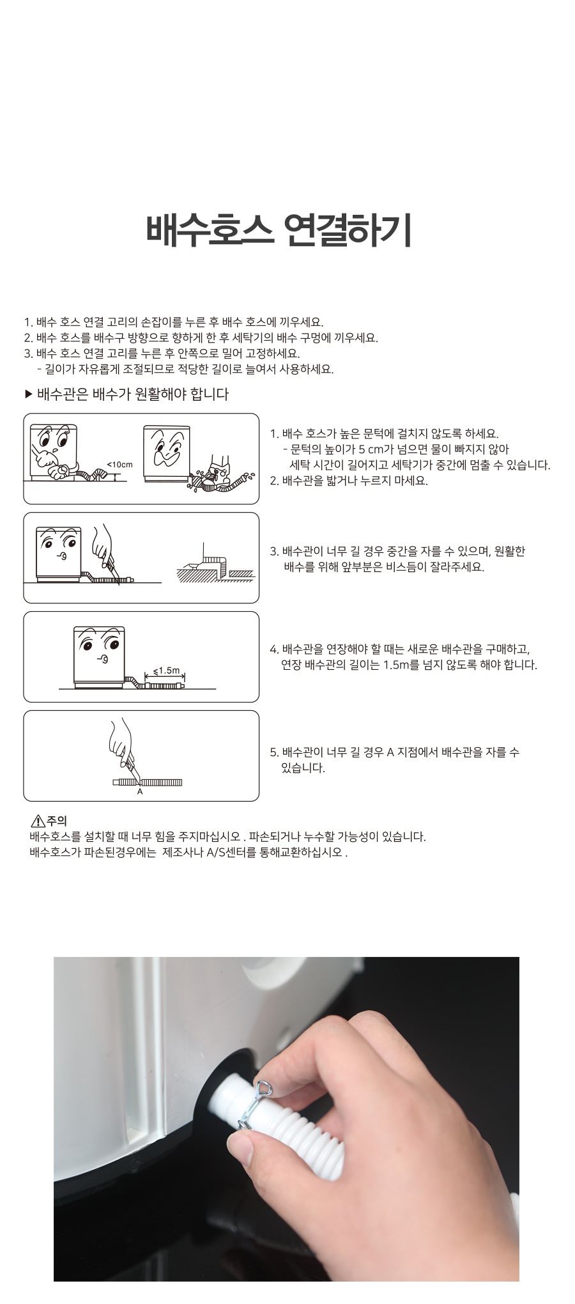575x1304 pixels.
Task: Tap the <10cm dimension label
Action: [119, 465]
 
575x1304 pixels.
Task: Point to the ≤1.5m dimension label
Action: [167, 671]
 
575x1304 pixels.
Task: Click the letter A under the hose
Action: [140, 791]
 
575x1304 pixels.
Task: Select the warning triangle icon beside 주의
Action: [38, 821]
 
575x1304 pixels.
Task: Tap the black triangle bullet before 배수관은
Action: [28, 394]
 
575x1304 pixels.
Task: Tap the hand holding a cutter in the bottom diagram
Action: [122, 745]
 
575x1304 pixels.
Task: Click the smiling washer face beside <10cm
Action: [54, 451]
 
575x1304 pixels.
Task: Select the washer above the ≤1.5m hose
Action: [98, 657]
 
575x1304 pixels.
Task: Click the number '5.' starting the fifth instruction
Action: [274, 752]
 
